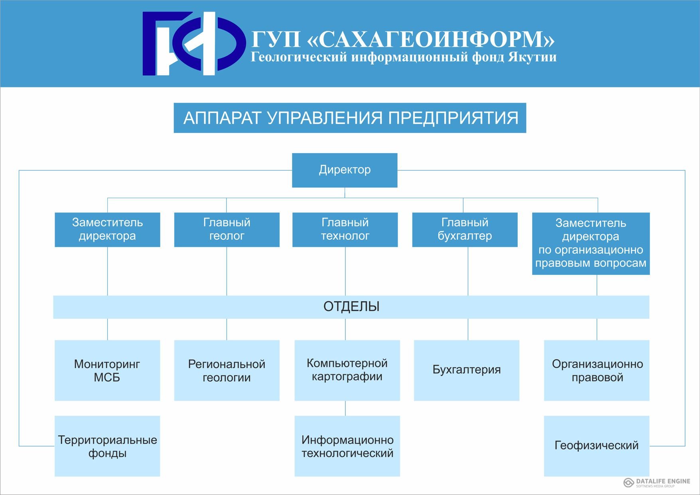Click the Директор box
coord(345,170)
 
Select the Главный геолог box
coord(227,230)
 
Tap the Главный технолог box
coord(345,230)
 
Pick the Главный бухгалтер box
coord(465,230)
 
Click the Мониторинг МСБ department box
coord(107,370)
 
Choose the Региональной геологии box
coord(227,370)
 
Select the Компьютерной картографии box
coord(347,370)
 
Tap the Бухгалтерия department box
coord(467,370)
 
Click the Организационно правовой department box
coord(597,370)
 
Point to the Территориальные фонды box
coord(107,446)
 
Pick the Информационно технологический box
coord(347,446)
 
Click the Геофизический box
coord(597,446)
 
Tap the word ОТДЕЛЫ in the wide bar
coord(351,306)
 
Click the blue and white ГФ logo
coord(194,43)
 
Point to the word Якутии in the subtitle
coord(532,57)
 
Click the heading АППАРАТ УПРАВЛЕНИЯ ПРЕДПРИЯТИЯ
coord(350,118)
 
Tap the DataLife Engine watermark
coord(657,482)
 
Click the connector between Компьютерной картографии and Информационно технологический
coord(345,408)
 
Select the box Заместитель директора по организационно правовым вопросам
coord(591,243)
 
